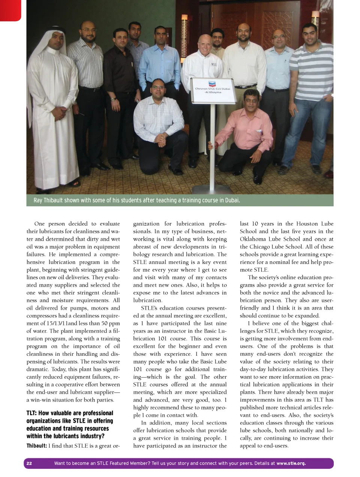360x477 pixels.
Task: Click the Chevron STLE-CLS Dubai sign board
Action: coord(213,90)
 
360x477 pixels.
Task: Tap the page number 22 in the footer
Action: coord(29,463)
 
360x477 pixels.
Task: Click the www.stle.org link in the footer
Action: coord(291,463)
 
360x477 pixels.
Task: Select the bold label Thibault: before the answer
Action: coord(36,446)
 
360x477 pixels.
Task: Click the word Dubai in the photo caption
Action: coord(232,200)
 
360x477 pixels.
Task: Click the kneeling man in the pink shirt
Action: coord(244,131)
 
